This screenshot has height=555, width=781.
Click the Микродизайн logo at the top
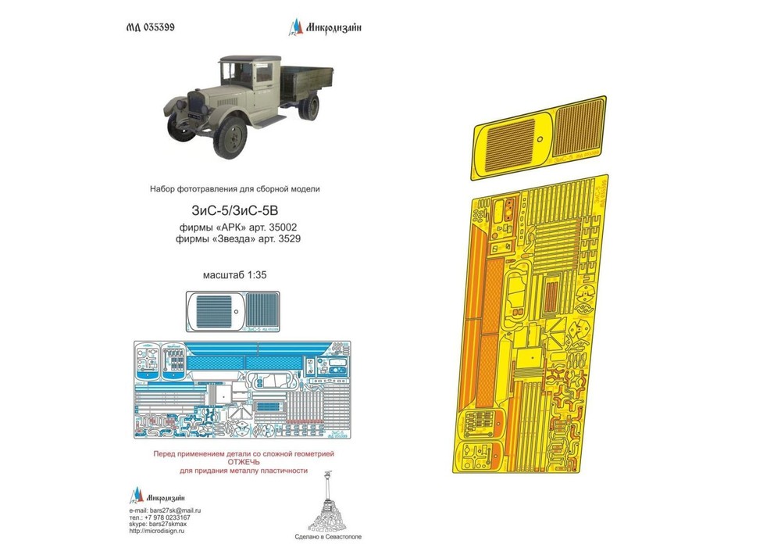(325, 29)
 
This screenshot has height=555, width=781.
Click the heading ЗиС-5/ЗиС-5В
(234, 210)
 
